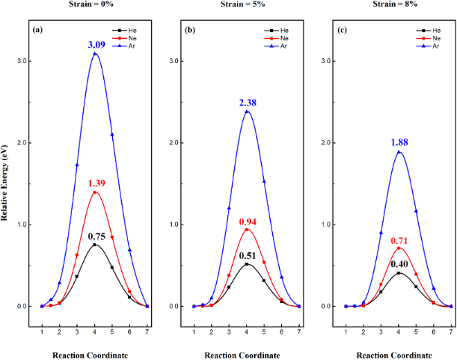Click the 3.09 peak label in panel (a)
[x=95, y=46]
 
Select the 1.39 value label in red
[x=95, y=183]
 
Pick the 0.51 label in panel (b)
[x=247, y=255]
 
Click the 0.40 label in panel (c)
[x=399, y=264]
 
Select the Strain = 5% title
[x=247, y=5]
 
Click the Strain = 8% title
[x=399, y=5]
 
